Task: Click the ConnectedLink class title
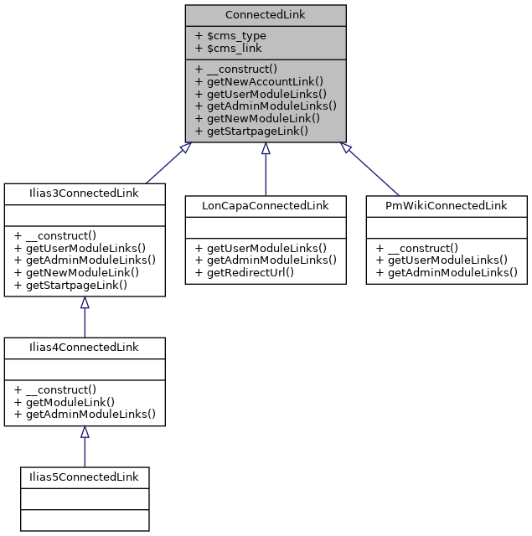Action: tap(265, 15)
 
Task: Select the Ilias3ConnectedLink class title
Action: tap(84, 193)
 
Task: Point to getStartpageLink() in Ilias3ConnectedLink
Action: tap(70, 285)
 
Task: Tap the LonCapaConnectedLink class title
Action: tap(265, 205)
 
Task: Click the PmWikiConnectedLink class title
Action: tap(446, 205)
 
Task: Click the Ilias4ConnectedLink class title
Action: tap(84, 347)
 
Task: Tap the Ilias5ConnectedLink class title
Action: tap(84, 477)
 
